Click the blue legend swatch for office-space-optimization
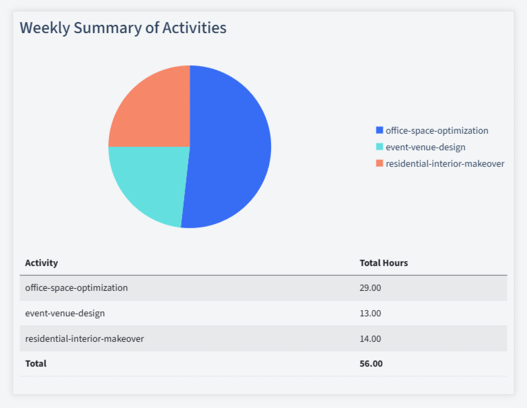379,130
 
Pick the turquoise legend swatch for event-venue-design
379,147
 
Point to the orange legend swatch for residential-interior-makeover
379,163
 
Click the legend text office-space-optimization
437,130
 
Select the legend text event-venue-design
425,147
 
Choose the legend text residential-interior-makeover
445,163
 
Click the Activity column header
41,263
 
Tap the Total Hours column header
384,263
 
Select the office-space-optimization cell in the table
76,287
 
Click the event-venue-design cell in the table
65,313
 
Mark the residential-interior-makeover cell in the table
84,338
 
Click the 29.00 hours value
370,287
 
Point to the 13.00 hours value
370,313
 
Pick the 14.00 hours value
370,338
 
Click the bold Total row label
36,363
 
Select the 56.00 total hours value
371,363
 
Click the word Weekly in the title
44,28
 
